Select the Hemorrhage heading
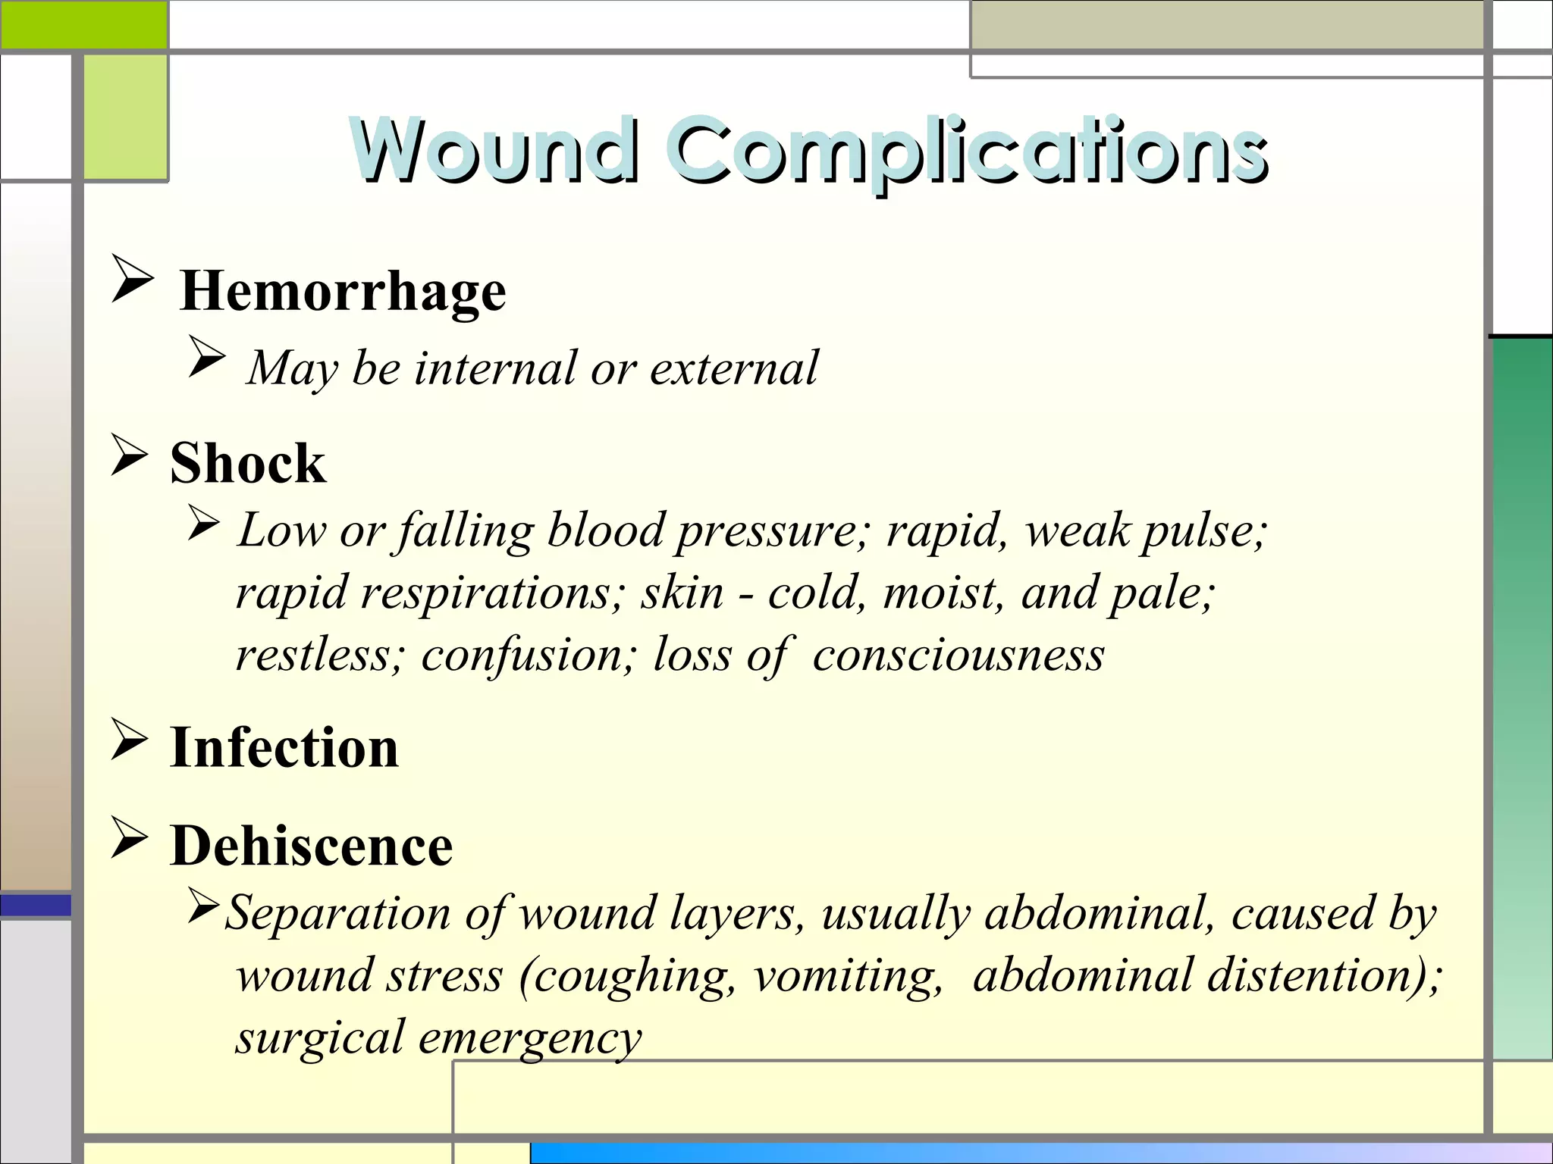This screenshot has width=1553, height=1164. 343,291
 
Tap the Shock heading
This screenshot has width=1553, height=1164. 248,463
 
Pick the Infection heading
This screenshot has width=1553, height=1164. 284,748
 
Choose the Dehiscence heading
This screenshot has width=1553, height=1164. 312,846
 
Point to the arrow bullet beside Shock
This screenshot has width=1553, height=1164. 129,455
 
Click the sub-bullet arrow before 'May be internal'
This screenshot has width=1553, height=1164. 207,357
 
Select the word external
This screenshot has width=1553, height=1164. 734,368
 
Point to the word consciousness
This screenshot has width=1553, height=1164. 958,655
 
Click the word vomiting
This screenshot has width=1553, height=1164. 848,976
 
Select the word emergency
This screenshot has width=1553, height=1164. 530,1038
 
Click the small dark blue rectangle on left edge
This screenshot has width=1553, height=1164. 36,905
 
